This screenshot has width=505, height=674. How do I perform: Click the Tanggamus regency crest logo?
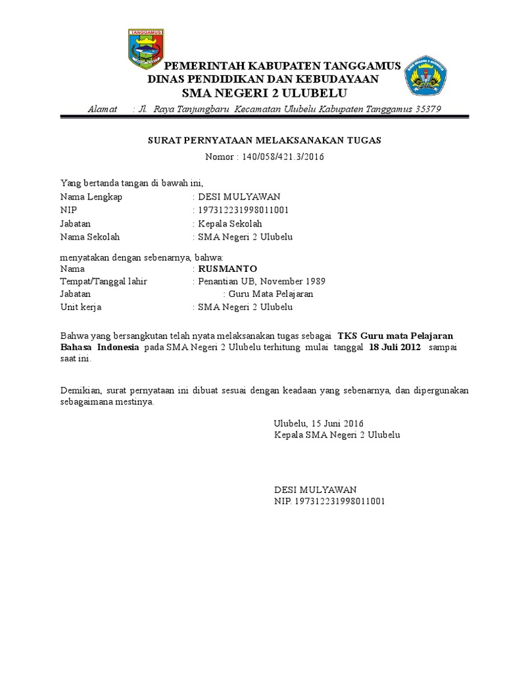(x=147, y=48)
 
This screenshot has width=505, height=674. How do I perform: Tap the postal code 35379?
(x=429, y=109)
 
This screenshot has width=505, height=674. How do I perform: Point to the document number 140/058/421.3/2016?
(x=283, y=157)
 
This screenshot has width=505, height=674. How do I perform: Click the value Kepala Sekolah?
(x=230, y=224)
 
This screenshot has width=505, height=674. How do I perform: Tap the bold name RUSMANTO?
(x=228, y=269)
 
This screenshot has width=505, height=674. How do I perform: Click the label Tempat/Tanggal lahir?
(x=103, y=281)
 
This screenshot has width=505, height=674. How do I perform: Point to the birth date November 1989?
(x=293, y=281)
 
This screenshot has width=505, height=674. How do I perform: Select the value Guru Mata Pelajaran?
(x=270, y=294)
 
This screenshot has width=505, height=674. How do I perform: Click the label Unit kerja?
(x=81, y=307)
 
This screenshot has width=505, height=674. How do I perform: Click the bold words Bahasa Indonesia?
(x=99, y=346)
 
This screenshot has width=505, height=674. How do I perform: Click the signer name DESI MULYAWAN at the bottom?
(x=315, y=489)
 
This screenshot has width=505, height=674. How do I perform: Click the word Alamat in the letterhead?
(x=102, y=109)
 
